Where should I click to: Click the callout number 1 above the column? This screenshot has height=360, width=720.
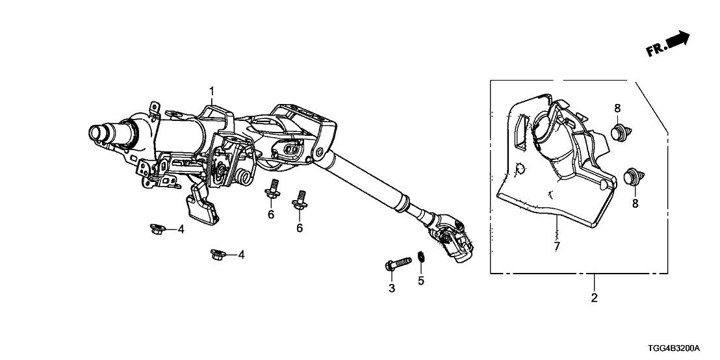212,92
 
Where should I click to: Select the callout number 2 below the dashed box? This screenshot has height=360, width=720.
594,298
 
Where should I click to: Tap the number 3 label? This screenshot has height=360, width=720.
392,289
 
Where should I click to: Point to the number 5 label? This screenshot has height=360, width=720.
421,280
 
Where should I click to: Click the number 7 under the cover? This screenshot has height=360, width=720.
556,246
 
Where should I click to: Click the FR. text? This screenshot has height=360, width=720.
655,49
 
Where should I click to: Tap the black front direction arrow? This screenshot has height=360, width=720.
677,40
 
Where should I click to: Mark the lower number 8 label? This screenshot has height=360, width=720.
636,204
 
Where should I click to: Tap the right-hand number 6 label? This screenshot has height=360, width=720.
300,227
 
